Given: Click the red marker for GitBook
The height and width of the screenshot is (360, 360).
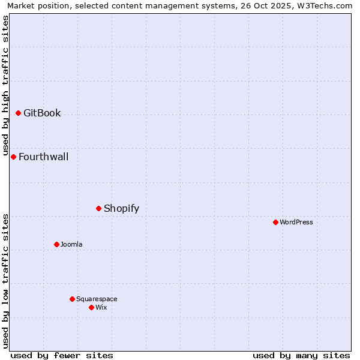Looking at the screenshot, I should click(x=19, y=113).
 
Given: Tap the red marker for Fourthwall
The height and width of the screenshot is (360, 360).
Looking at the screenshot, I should click(x=13, y=157).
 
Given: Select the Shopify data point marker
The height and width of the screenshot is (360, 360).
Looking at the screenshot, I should click(x=99, y=208).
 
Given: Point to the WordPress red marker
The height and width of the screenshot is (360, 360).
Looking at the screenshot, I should click(x=275, y=222).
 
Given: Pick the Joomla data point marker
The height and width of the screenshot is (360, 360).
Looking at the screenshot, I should click(x=56, y=244).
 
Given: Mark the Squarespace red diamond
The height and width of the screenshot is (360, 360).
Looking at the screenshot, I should click(x=72, y=299).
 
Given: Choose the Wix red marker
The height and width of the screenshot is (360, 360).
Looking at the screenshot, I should click(x=91, y=307).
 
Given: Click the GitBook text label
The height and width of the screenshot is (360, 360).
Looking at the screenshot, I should click(x=42, y=113).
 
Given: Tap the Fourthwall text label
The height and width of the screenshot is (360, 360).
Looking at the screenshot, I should click(x=43, y=157).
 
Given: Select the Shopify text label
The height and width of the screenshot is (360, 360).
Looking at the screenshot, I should click(x=121, y=209).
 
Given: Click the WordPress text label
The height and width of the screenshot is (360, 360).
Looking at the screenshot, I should click(x=296, y=222).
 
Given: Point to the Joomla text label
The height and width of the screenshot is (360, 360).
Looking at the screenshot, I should click(x=71, y=244).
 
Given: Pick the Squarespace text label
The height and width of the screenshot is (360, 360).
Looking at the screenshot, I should click(x=97, y=299).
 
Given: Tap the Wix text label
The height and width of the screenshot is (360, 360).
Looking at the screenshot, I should click(x=101, y=307).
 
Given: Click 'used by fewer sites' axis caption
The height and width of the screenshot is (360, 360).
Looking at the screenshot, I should click(x=62, y=355).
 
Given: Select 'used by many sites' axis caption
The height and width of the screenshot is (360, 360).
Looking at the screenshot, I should click(x=301, y=355).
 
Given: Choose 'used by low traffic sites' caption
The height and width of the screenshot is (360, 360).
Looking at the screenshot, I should click(x=6, y=281).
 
